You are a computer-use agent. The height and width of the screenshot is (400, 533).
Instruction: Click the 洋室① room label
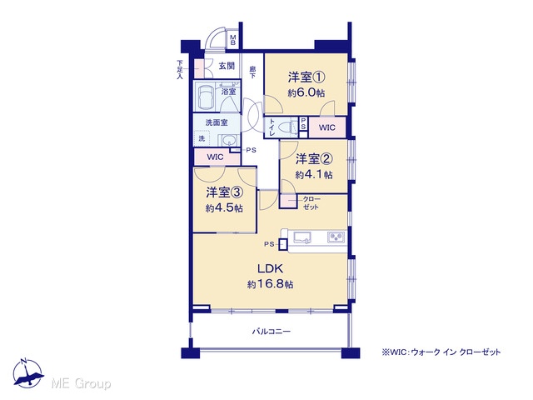coord(306,77)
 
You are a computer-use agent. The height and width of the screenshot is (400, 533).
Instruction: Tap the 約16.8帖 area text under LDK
coord(270,284)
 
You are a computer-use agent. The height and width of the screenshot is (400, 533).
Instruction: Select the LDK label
coord(270,268)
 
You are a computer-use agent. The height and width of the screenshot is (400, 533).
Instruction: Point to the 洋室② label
coord(313,159)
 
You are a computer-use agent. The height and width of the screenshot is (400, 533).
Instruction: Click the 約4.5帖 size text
coord(224,207)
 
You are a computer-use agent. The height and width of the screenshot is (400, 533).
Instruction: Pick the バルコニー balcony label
coord(271,331)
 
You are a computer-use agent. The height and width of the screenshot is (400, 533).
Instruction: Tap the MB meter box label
coord(233,40)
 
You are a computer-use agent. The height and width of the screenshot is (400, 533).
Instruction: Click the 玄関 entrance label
coord(227,66)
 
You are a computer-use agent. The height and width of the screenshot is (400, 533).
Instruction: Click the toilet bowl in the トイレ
coord(285,127)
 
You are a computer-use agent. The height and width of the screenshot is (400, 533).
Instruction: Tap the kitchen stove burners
coord(336,237)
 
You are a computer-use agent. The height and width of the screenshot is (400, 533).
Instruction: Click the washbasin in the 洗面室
coord(228,140)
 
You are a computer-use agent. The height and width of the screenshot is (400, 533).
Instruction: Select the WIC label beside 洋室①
coord(327,127)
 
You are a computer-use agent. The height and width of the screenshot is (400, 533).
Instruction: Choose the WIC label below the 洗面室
coord(216,157)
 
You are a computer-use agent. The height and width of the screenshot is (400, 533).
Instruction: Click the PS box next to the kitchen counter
coord(282,244)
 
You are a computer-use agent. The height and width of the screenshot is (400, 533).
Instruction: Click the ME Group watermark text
coord(81,383)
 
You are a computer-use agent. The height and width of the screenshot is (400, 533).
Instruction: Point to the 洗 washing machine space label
coord(202,138)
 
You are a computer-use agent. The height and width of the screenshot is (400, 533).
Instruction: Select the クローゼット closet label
coord(311,203)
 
